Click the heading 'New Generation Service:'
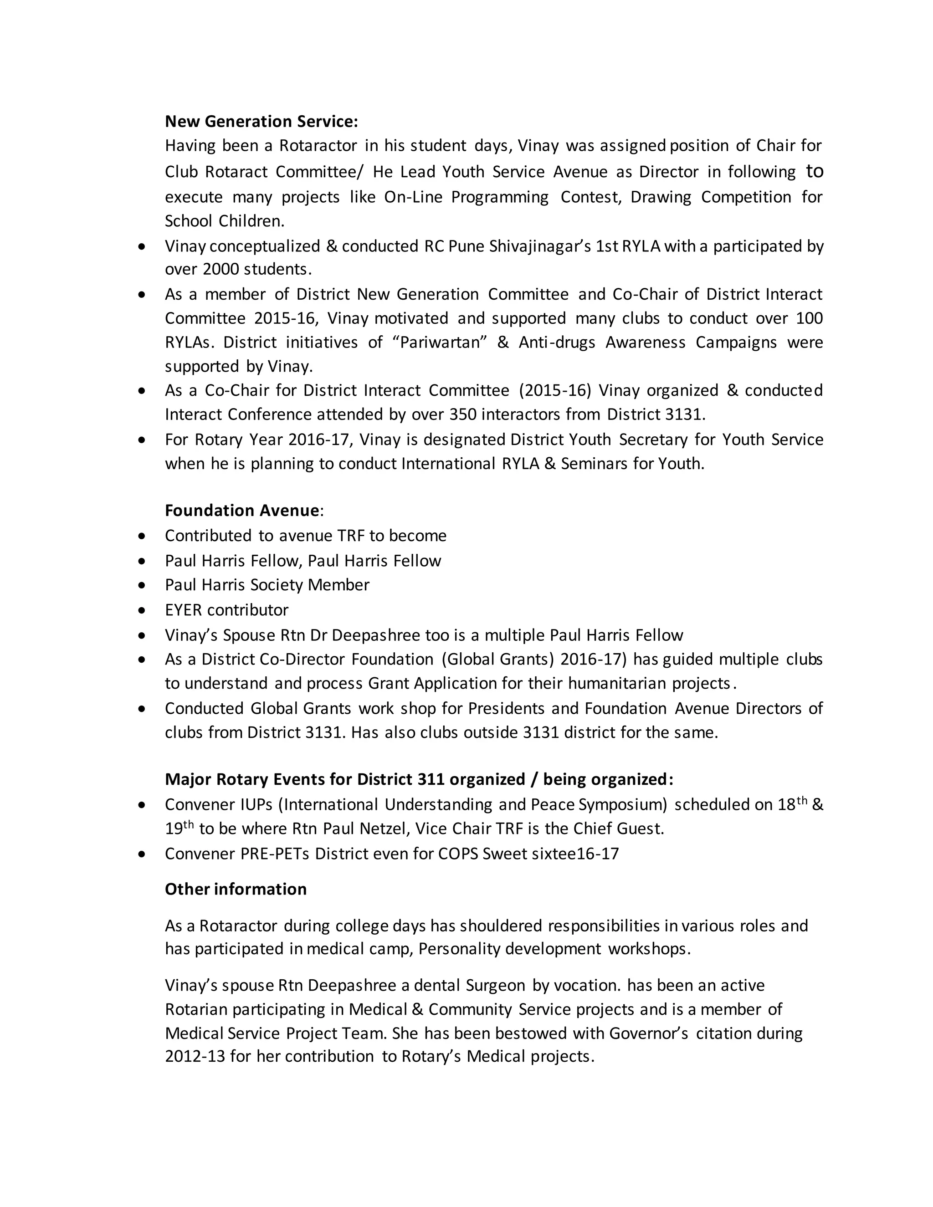[261, 121]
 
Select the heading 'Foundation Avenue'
[241, 510]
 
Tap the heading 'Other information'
[236, 889]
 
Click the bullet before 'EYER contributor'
[143, 610]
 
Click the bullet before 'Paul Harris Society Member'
[143, 585]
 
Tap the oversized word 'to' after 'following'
[814, 171]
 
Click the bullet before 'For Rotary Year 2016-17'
[143, 440]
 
